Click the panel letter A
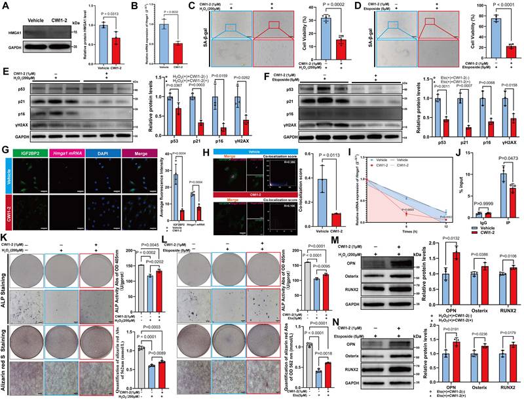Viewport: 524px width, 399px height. click(5, 6)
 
